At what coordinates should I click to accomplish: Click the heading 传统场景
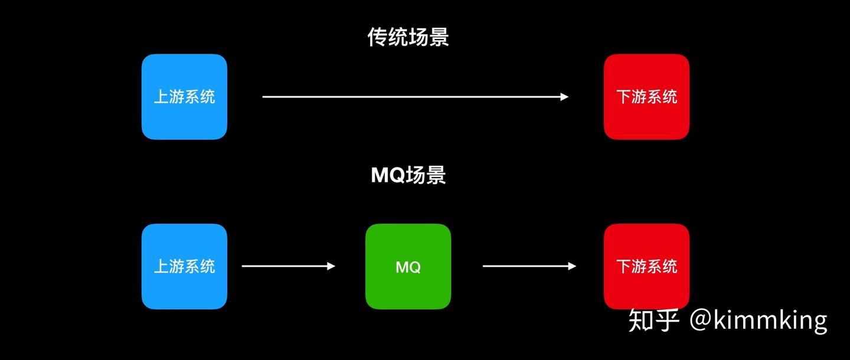(x=408, y=37)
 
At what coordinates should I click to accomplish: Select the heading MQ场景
(x=408, y=175)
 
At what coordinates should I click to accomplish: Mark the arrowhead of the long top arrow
(x=565, y=97)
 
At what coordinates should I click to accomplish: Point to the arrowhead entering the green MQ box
(x=331, y=266)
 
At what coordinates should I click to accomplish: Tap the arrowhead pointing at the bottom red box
(x=572, y=266)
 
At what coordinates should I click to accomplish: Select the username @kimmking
(x=758, y=320)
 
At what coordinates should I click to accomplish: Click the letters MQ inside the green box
(x=408, y=267)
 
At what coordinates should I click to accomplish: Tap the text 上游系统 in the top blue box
(x=184, y=97)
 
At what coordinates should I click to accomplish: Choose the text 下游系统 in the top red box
(x=646, y=97)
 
